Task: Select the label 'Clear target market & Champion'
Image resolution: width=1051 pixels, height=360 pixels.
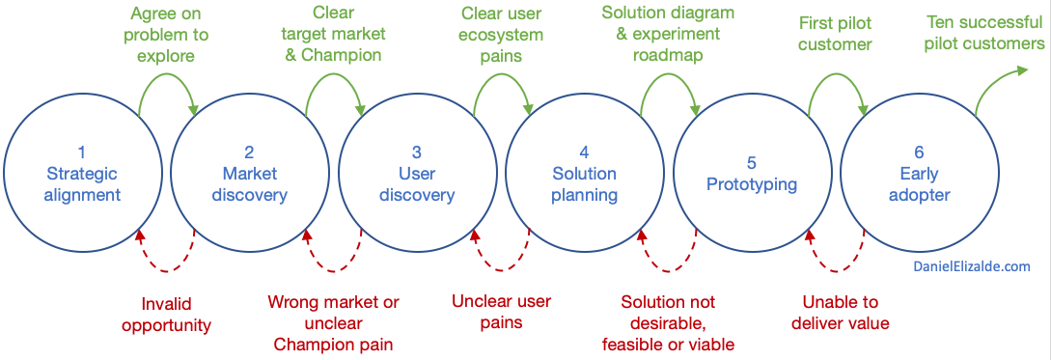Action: coord(334,34)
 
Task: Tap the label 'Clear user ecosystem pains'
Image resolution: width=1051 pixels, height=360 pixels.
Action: coord(502,35)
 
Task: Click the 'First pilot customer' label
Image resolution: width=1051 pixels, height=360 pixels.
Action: coord(835,34)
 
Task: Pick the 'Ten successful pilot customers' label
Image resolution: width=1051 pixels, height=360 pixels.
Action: coord(983,33)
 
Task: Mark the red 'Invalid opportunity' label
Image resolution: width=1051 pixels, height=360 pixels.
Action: coord(166,313)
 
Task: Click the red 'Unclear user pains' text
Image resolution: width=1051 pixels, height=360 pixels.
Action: coord(501,312)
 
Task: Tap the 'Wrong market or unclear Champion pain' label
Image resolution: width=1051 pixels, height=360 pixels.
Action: coord(333,322)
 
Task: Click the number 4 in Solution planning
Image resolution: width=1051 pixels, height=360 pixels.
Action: coord(584,152)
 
